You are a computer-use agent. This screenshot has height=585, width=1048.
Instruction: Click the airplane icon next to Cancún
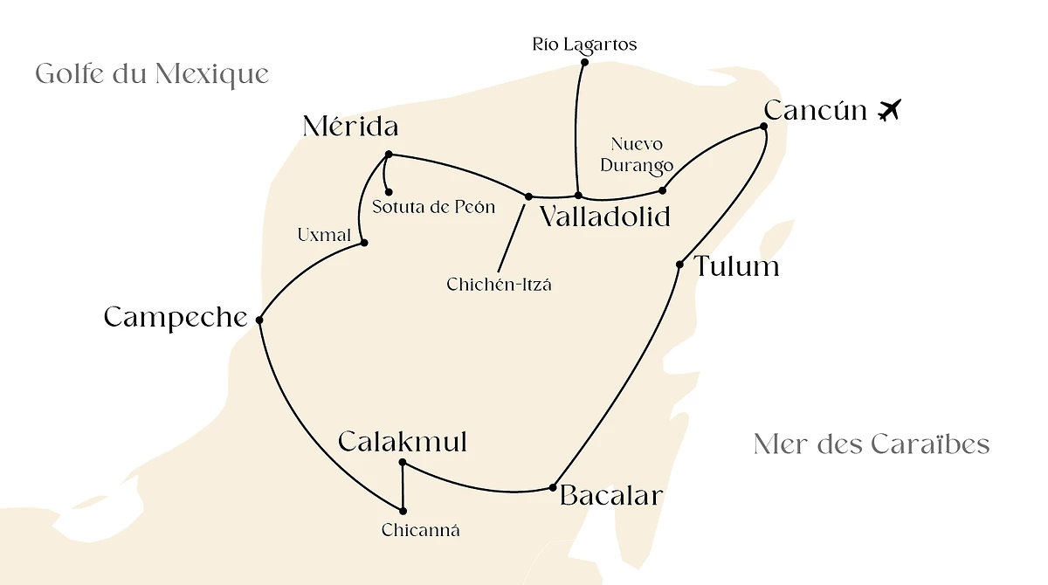coord(889,111)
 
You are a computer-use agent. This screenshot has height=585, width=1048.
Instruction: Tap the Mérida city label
coord(350,127)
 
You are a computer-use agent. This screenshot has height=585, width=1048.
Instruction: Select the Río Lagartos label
coord(584,45)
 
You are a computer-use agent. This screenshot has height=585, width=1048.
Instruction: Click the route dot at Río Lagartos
coord(584,62)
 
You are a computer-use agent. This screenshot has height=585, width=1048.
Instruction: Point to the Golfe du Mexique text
coord(152,73)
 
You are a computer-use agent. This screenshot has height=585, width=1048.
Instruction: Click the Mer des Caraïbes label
coord(871,444)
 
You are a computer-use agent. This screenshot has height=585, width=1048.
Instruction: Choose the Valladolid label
coord(604,217)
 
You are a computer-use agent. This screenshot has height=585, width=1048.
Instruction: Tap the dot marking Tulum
coord(679,265)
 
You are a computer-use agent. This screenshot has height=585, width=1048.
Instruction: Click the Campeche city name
coord(176,317)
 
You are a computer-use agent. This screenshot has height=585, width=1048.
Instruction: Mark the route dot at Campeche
coord(259,320)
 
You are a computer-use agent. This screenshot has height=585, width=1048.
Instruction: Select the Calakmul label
coord(403,442)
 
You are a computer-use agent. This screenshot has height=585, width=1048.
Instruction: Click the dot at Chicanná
coord(403,511)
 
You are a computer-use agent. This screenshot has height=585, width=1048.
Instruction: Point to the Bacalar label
coord(611,496)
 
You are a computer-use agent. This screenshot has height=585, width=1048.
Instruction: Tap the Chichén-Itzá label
coord(499,285)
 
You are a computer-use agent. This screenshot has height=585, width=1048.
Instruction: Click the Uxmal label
coord(324,235)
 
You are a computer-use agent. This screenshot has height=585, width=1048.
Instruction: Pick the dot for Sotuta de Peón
coord(389,192)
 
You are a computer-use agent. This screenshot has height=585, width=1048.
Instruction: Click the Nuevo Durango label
coord(642,155)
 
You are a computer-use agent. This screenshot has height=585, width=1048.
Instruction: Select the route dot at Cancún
coord(763,127)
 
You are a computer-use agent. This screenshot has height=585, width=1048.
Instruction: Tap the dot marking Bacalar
coord(553,487)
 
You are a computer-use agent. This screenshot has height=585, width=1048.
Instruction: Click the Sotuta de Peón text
coord(433,208)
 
